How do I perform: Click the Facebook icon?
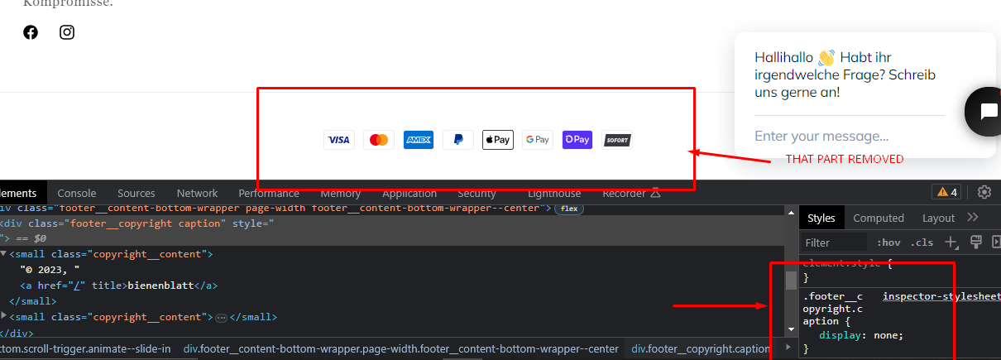point(31,32)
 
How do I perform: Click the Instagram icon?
point(67,32)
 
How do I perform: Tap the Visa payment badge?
point(338,140)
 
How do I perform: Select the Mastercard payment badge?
point(379,140)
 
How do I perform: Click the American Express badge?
point(419,140)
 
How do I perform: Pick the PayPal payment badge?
point(458,140)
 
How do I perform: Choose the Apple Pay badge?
point(498,140)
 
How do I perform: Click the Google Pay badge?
point(538,140)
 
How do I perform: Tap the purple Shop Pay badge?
point(577,140)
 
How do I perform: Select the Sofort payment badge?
point(617,140)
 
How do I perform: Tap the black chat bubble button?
point(986,111)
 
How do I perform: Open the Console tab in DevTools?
point(77,193)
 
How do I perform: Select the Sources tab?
point(136,193)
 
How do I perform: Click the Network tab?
point(197,193)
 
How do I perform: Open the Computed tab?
point(879,218)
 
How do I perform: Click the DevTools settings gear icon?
point(984,192)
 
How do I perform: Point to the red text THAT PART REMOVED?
point(844,159)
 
